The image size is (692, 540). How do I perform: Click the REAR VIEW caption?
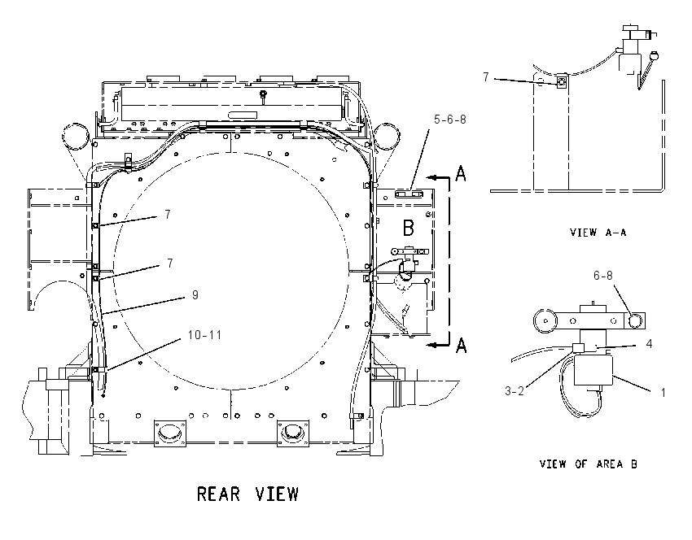click(247, 494)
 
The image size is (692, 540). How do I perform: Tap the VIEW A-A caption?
click(598, 232)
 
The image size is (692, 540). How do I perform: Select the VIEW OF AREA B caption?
click(589, 464)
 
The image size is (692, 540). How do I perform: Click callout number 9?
click(195, 295)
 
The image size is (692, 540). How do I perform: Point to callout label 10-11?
click(204, 334)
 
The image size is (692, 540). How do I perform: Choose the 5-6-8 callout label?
click(449, 120)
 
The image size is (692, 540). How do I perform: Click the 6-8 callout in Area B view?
click(602, 276)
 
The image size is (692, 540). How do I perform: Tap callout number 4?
click(649, 343)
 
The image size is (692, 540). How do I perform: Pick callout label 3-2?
click(515, 390)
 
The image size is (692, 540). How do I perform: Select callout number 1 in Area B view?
click(663, 392)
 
